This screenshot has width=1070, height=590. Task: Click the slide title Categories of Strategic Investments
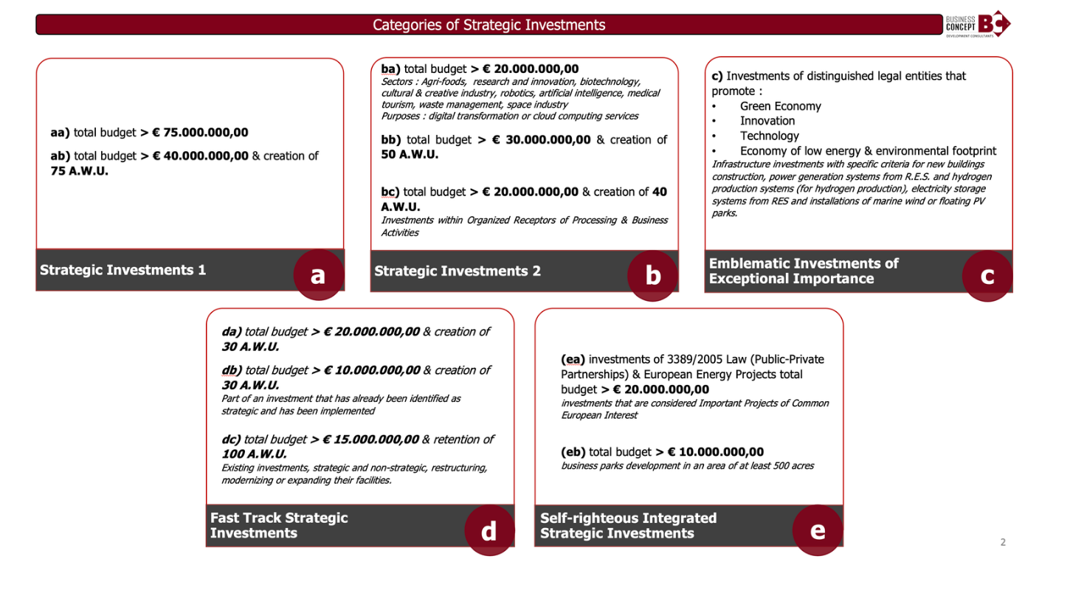point(489,25)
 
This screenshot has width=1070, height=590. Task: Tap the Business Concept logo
point(978,24)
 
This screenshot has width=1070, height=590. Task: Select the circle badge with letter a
point(318,275)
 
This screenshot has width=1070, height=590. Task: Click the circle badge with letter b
point(653,275)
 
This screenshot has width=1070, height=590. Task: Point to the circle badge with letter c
point(987,275)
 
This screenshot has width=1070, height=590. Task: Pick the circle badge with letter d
point(489,530)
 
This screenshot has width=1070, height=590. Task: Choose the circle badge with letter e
point(818,530)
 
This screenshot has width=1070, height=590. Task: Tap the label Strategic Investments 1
point(123,270)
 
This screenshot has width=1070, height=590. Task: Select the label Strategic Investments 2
point(458,271)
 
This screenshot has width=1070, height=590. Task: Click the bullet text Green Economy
point(781,106)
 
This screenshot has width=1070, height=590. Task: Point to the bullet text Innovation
point(767,121)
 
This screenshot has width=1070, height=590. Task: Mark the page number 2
point(1003,542)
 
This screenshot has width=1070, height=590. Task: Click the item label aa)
point(60,133)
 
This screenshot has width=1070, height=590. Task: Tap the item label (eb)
point(573,452)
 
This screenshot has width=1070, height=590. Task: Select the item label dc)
point(231,440)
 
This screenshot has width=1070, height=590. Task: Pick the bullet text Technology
point(770,136)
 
